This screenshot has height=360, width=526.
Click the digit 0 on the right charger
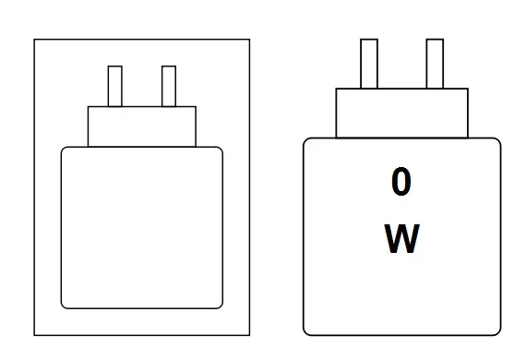click(x=400, y=183)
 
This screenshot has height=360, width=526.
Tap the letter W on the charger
click(x=400, y=240)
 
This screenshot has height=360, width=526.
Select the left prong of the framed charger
click(x=115, y=86)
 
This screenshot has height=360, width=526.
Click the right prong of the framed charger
click(x=168, y=86)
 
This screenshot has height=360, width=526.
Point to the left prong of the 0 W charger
click(x=368, y=63)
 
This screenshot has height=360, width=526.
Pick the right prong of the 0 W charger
click(x=434, y=63)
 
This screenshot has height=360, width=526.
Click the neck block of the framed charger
click(x=142, y=126)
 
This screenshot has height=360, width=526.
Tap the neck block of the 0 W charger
click(x=401, y=113)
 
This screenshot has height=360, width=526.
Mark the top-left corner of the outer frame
click(x=35, y=40)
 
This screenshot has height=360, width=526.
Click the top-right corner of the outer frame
click(x=249, y=40)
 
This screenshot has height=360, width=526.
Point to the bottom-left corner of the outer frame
click(x=35, y=334)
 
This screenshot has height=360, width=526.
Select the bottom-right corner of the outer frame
click(x=249, y=334)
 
